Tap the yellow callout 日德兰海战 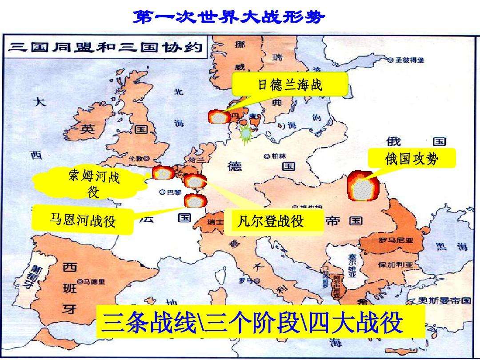(x=290, y=84)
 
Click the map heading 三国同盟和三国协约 (x=105, y=47)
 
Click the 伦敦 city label (x=138, y=158)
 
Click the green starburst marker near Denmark (x=246, y=133)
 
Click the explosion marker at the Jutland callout (x=219, y=117)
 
